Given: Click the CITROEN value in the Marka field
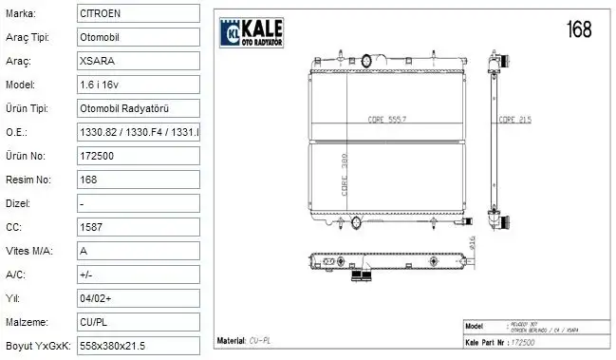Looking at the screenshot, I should [138, 13].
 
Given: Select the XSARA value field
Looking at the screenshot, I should [138, 61].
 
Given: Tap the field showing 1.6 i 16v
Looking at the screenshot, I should [138, 85].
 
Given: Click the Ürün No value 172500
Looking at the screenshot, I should [138, 156].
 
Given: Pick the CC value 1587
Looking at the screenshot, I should [138, 227].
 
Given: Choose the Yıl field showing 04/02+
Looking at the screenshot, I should [138, 298].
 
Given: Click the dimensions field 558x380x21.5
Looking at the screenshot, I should [138, 346].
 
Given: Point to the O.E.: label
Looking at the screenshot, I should [17, 132].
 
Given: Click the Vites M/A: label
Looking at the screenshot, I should [28, 251].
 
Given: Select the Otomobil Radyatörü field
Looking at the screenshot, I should [138, 108].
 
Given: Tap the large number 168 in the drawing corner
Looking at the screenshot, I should [578, 28].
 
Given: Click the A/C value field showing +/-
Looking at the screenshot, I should [138, 275].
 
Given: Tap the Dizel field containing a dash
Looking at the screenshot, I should [138, 203].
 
